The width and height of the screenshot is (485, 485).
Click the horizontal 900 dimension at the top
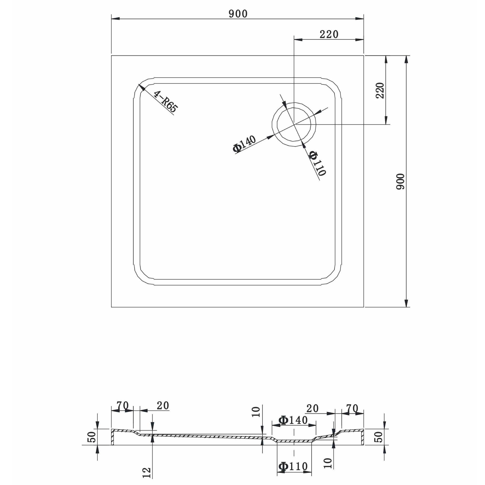pyautogui.click(x=238, y=14)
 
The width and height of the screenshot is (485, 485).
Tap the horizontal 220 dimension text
pyautogui.click(x=329, y=34)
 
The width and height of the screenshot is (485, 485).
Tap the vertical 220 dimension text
pyautogui.click(x=380, y=90)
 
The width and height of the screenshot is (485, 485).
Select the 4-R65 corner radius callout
pyautogui.click(x=165, y=101)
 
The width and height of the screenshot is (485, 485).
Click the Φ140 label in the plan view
pyautogui.click(x=244, y=144)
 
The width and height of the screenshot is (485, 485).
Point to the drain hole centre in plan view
pyautogui.click(x=294, y=124)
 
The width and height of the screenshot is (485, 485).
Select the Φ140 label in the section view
pyautogui.click(x=293, y=420)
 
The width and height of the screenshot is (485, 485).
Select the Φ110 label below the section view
pyautogui.click(x=293, y=466)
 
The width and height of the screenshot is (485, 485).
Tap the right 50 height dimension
pyautogui.click(x=379, y=437)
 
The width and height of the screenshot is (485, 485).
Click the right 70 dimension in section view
pyautogui.click(x=352, y=408)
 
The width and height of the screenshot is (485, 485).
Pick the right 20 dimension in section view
pyautogui.click(x=313, y=408)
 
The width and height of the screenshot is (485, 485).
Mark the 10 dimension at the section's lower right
pyautogui.click(x=328, y=463)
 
